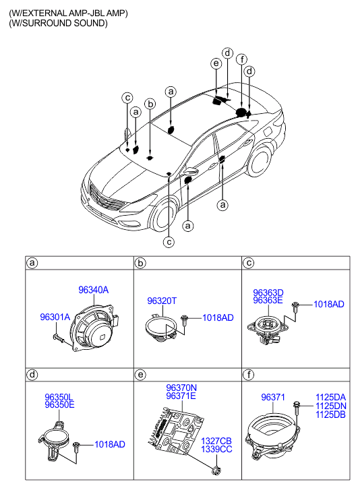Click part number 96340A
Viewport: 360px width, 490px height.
click(94, 290)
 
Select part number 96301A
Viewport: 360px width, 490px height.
click(55, 317)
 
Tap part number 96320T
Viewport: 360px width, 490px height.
click(162, 301)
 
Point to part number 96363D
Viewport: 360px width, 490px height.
click(268, 293)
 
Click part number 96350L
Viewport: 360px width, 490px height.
click(59, 397)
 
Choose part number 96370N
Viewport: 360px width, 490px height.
click(181, 388)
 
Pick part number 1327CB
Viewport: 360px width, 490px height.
click(216, 441)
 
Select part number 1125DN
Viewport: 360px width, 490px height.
click(331, 406)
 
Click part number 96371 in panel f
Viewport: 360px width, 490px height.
click(273, 397)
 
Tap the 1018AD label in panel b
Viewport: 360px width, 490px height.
click(218, 318)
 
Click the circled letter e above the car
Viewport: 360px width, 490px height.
click(216, 63)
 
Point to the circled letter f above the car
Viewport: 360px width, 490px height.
click(241, 59)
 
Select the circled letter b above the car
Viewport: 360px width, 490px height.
click(150, 103)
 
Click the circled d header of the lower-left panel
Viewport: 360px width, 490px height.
click(32, 374)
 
